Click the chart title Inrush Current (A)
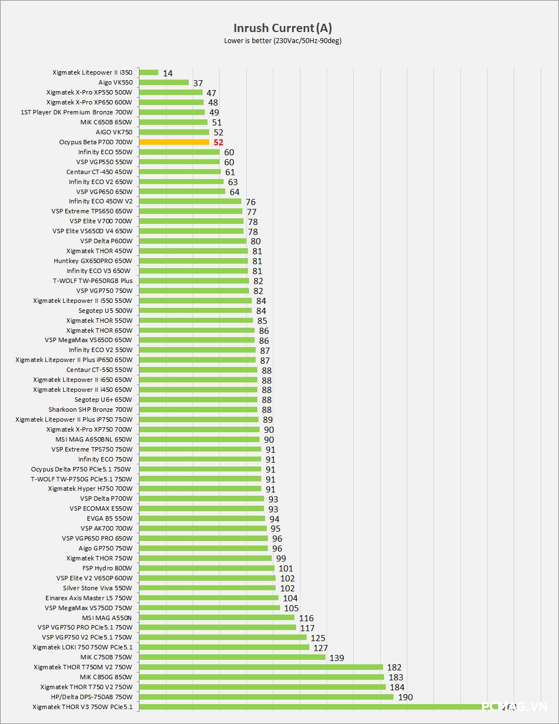pos(282,28)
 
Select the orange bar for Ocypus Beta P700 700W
pos(174,142)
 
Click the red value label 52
pos(219,143)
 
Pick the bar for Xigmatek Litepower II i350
pos(148,72)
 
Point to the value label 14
pos(168,73)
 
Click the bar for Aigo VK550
pos(164,82)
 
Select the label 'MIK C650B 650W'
pos(106,122)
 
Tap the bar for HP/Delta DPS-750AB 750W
pos(266,697)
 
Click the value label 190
pos(405,697)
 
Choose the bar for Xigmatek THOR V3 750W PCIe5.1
pos(310,707)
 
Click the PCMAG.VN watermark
pos(514,706)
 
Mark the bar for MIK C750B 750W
pos(232,657)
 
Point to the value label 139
pos(337,658)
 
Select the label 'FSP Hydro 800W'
pos(107,568)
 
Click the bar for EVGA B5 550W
pos(202,518)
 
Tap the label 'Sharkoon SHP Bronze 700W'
pos(90,410)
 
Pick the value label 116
pos(306,618)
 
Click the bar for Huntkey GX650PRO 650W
pos(193,261)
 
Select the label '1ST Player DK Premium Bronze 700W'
pos(76,112)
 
